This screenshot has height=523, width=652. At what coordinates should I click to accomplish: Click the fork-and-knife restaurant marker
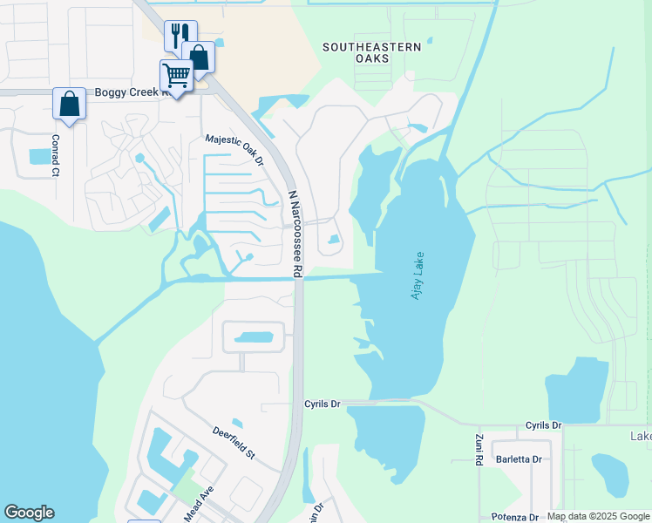pyautogui.click(x=180, y=36)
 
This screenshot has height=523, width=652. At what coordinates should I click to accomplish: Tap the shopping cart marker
pyautogui.click(x=177, y=77)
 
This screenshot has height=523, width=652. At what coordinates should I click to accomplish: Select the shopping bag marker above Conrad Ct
pyautogui.click(x=69, y=104)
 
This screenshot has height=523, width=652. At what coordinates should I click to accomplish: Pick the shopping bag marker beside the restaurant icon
pyautogui.click(x=199, y=58)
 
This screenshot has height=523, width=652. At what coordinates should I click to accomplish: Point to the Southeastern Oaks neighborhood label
pyautogui.click(x=372, y=52)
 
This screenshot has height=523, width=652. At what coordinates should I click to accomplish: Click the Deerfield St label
pyautogui.click(x=234, y=442)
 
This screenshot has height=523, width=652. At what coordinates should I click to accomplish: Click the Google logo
pyautogui.click(x=29, y=513)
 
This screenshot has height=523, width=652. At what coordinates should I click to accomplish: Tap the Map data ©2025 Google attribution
pyautogui.click(x=598, y=516)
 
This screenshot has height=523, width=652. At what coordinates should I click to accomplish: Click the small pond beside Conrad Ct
pyautogui.click(x=40, y=157)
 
